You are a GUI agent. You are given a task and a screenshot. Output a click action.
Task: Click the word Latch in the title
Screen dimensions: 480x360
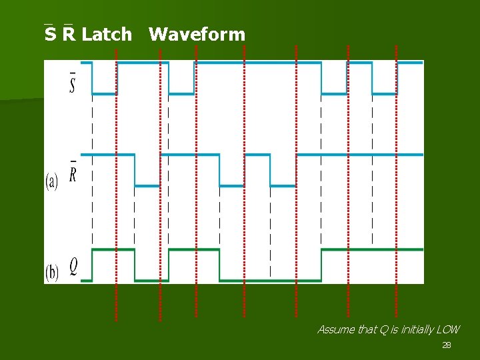(x=107, y=34)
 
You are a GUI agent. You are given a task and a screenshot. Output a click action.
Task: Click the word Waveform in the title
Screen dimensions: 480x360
(x=197, y=34)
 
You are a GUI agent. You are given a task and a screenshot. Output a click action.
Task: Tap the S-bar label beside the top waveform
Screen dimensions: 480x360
(x=72, y=83)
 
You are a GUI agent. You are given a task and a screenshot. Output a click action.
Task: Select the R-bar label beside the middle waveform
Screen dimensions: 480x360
(x=72, y=174)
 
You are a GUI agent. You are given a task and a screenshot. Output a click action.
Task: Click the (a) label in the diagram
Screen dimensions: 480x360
(x=52, y=181)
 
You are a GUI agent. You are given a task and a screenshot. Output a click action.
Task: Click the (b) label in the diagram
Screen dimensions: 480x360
(x=52, y=272)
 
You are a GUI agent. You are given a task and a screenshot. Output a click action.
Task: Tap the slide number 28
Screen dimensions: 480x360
(x=447, y=345)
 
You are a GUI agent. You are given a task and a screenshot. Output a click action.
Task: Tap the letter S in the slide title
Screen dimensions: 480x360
(x=50, y=34)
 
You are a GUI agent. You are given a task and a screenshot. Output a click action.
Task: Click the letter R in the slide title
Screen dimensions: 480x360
(x=69, y=34)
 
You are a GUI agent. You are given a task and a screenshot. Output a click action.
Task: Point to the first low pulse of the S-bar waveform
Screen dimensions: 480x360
(x=105, y=93)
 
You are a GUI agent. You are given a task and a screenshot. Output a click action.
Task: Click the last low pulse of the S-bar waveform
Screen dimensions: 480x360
(x=385, y=93)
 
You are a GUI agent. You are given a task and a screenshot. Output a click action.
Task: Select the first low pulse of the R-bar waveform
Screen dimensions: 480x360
(x=147, y=185)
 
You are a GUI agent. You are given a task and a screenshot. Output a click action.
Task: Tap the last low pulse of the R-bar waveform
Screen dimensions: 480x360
(x=283, y=185)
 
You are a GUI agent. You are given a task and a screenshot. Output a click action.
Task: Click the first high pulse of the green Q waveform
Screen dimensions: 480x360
(x=113, y=251)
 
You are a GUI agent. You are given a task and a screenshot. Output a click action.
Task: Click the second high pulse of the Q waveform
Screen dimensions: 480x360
(x=194, y=251)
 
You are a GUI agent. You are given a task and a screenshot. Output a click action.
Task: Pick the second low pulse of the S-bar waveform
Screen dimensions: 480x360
(x=181, y=93)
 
